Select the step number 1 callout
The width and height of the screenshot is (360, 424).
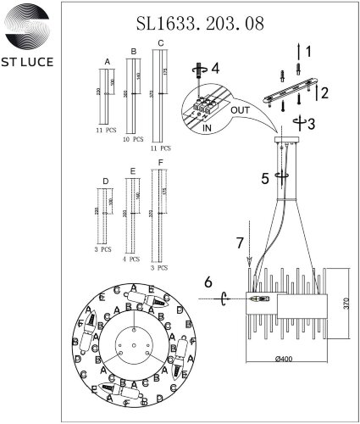(308, 53)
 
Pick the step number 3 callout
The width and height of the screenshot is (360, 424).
(312, 124)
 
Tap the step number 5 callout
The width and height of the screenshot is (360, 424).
(264, 179)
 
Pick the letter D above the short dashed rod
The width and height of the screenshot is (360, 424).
(104, 181)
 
